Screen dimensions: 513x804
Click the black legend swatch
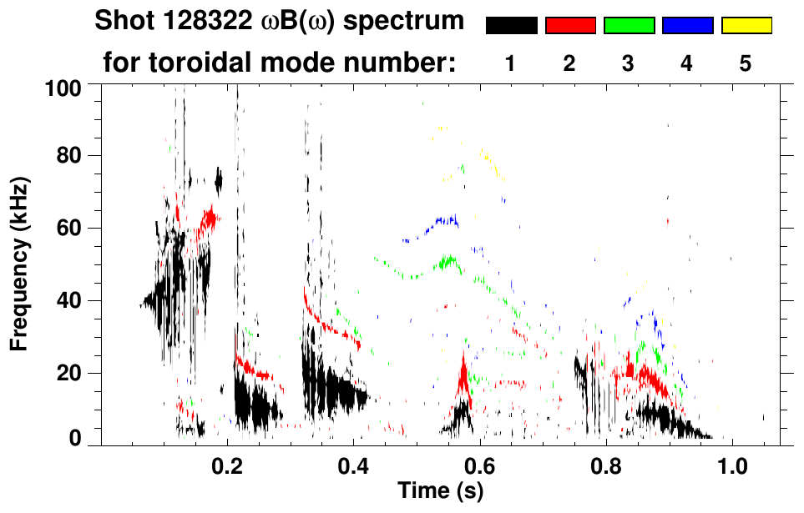511,26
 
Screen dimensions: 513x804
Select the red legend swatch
570,26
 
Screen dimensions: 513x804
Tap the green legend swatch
629,26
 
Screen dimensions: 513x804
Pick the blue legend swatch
687,26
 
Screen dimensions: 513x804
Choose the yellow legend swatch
746,26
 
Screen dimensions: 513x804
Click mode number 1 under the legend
511,63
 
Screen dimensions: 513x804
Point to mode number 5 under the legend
746,63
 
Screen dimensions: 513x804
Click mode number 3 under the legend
629,63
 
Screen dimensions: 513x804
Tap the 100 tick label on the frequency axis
64,86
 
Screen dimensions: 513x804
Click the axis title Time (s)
440,491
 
